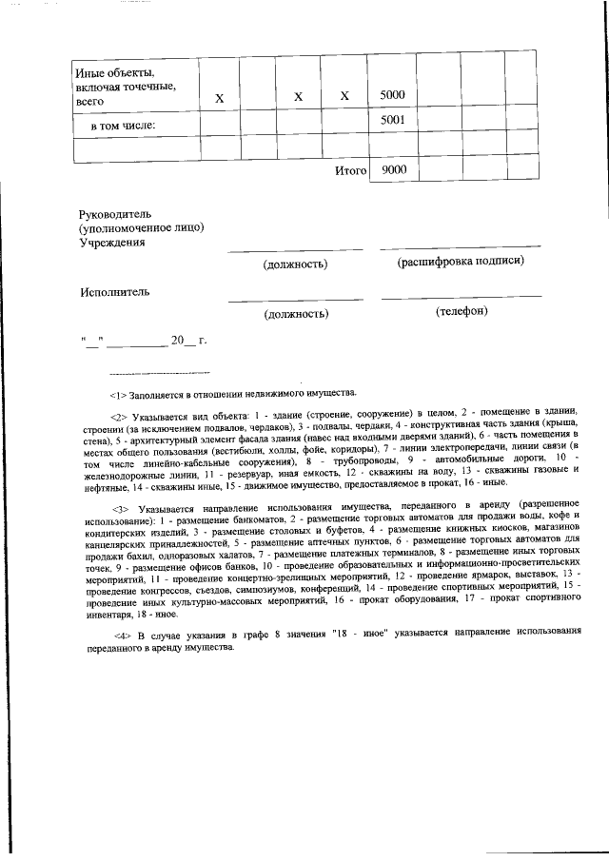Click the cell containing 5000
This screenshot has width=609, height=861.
click(392, 96)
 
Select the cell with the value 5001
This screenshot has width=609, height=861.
click(392, 121)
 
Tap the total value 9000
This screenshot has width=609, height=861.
click(392, 169)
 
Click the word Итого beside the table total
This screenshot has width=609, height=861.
click(351, 170)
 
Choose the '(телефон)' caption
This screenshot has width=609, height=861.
click(462, 311)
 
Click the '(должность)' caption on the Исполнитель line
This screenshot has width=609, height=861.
click(296, 312)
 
